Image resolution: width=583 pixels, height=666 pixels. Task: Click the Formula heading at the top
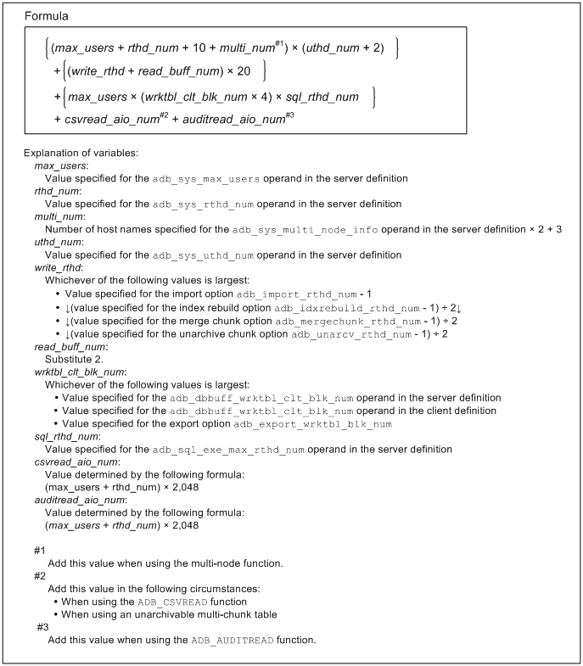coord(48,16)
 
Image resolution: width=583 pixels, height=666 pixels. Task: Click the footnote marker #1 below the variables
coord(41,551)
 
